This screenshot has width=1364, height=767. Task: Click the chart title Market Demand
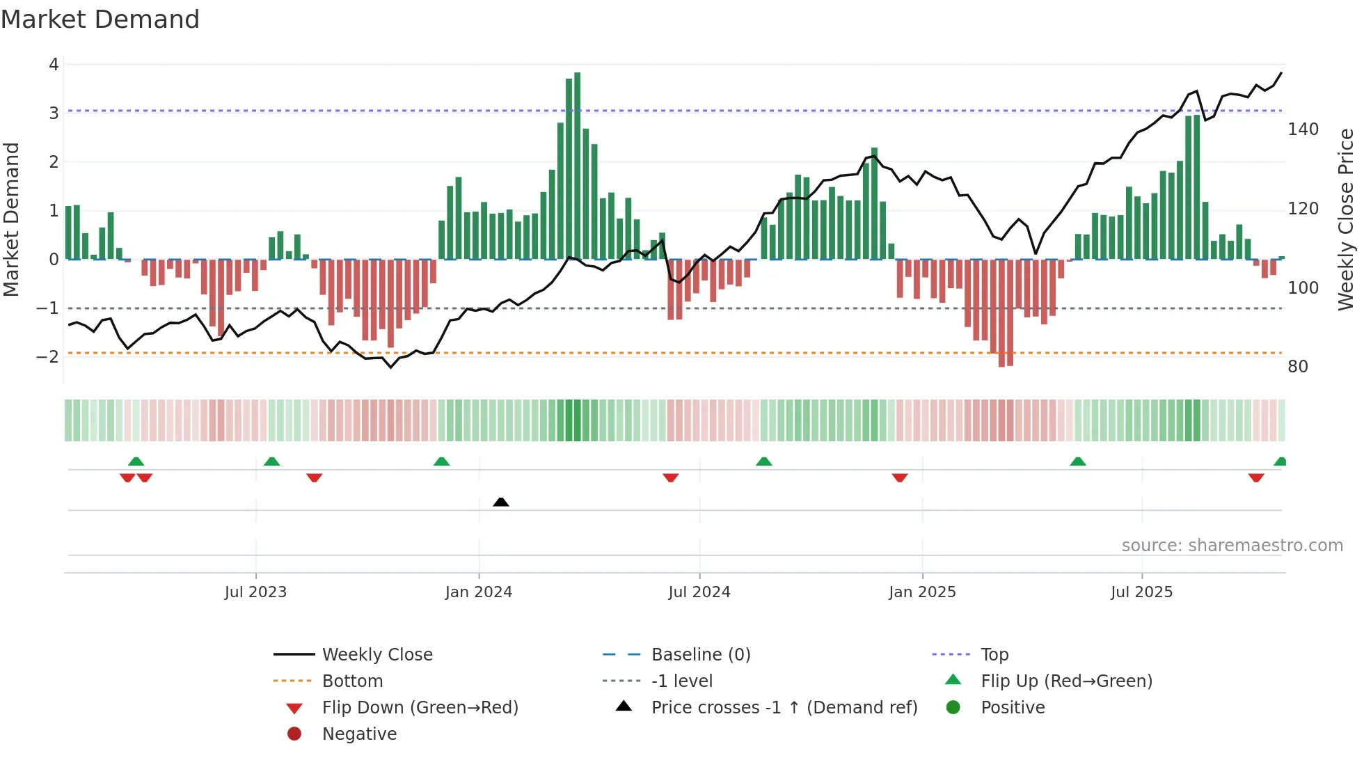coord(100,19)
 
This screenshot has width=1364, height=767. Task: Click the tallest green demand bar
coord(577,166)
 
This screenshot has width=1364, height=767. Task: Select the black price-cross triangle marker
coord(500,502)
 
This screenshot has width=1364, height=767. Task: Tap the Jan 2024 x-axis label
coord(478,592)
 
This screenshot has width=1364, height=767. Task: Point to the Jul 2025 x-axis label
coord(1141,592)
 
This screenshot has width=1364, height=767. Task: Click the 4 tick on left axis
coord(54,65)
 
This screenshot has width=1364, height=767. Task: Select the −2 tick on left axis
coord(48,357)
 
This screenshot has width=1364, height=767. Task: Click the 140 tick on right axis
coord(1303,129)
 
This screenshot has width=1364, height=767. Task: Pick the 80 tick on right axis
coord(1297,367)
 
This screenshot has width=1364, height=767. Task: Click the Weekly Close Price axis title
coord(1346,219)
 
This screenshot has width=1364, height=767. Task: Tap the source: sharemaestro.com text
coord(1232,546)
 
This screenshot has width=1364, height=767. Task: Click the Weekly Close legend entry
coord(376,655)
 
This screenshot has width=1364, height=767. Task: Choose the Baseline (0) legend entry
coord(700,655)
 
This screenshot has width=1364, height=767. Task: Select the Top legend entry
coord(994,655)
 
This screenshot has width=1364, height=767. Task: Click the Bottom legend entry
coord(352,681)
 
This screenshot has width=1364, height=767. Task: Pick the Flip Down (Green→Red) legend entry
coord(420,708)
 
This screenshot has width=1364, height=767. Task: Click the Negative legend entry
coord(359,734)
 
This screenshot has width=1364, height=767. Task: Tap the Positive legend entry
coord(1012,708)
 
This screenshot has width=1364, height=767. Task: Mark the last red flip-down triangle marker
coord(1255,478)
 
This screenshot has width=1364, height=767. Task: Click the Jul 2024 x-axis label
coord(699,592)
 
